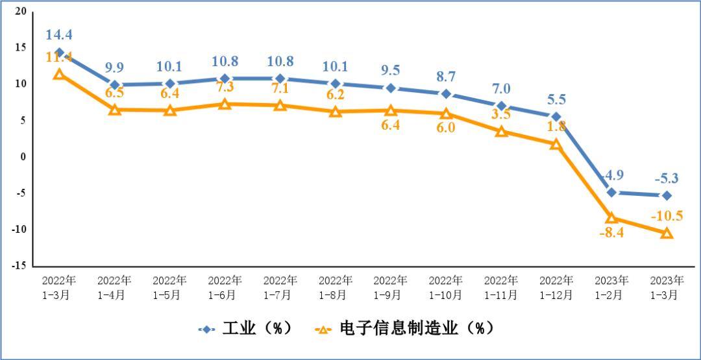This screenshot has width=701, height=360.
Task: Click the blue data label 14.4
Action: point(59,35)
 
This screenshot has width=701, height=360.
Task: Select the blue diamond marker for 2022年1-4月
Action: point(115,85)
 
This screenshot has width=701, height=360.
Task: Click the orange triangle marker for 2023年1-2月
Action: point(611,218)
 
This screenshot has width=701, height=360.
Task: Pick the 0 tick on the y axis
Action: point(23,157)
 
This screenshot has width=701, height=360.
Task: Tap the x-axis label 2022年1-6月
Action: point(225,287)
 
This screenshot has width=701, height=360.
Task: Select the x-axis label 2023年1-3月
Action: point(667,287)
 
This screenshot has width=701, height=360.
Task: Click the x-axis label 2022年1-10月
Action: point(445,287)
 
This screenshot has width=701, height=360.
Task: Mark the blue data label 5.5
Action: point(556,100)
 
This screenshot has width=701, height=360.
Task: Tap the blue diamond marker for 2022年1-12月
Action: point(556,117)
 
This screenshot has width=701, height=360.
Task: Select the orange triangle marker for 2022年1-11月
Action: point(501,132)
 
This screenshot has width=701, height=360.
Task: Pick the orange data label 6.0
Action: point(445,128)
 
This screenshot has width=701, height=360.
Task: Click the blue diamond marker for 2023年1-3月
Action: point(667,195)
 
